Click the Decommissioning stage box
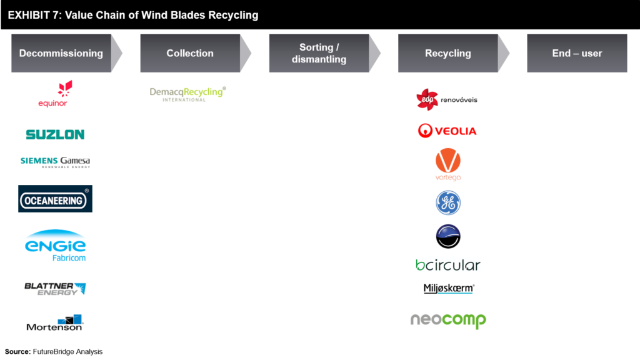click(x=61, y=53)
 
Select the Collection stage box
click(x=190, y=53)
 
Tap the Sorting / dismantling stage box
click(x=319, y=53)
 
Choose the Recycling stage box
click(x=448, y=53)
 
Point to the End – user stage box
click(x=577, y=53)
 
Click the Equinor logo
click(x=55, y=94)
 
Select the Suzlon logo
click(x=55, y=134)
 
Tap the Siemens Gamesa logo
click(x=55, y=162)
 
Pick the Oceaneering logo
click(x=55, y=199)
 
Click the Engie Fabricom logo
click(x=55, y=244)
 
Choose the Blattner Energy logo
click(x=55, y=287)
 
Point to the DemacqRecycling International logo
click(x=187, y=94)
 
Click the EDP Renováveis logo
click(x=447, y=99)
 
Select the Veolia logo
click(x=448, y=131)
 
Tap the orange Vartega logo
click(x=448, y=164)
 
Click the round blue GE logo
click(x=448, y=202)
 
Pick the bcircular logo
click(x=448, y=265)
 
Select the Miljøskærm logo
click(x=448, y=288)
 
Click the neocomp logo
click(x=448, y=320)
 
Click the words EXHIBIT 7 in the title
click(x=32, y=15)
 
